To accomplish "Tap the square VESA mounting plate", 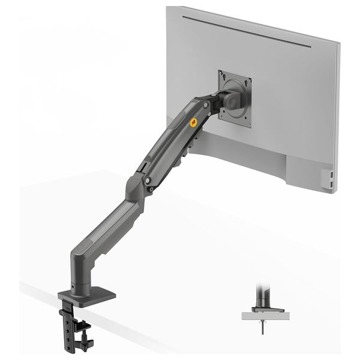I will point(233,96).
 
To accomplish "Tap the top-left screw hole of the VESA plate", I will point(223,75).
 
